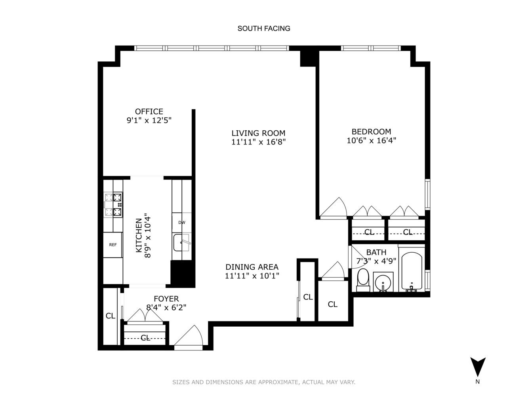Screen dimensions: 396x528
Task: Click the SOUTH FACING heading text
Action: click(x=263, y=29)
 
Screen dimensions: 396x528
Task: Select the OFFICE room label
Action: click(x=149, y=112)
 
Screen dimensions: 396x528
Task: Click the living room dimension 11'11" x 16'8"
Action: click(x=258, y=142)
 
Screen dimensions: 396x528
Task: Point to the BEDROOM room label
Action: click(x=371, y=131)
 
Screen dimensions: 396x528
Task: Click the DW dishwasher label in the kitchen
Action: click(x=181, y=223)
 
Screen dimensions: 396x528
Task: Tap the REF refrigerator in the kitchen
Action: click(x=113, y=245)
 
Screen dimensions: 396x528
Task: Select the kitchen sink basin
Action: click(x=181, y=243)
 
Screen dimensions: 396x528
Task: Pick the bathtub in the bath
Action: click(x=412, y=271)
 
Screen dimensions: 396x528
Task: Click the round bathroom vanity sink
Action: click(x=383, y=282)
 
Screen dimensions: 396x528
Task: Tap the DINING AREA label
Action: click(x=252, y=267)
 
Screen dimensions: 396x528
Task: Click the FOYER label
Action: click(x=166, y=299)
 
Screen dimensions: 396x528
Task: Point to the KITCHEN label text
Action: click(x=139, y=235)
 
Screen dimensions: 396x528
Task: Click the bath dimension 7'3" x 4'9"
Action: click(x=376, y=261)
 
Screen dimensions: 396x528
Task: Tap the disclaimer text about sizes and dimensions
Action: click(x=263, y=382)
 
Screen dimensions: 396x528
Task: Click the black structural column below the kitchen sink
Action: click(x=183, y=273)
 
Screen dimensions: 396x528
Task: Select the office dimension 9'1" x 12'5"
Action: click(x=149, y=120)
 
